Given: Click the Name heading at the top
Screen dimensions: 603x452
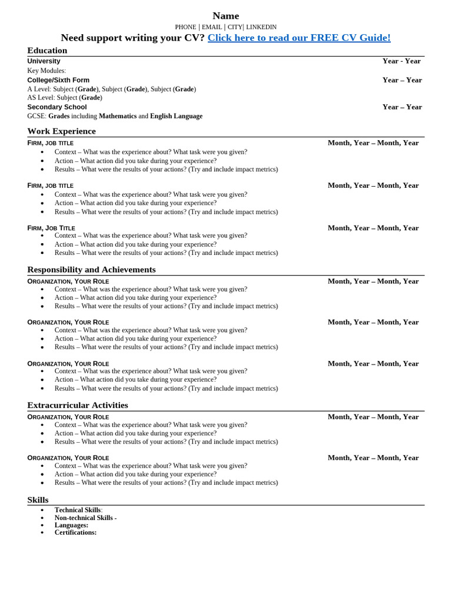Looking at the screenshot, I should [x=225, y=16].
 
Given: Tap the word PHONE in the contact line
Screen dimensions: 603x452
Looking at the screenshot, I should [x=185, y=27].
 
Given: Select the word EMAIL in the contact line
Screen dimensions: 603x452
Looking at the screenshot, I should [x=212, y=27].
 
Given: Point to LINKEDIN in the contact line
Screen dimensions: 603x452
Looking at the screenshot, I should [x=261, y=27].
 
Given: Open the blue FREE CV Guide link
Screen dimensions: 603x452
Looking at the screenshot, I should [x=299, y=38].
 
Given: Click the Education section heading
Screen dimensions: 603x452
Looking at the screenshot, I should [x=47, y=51].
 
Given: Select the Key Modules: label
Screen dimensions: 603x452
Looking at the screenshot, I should [x=46, y=71].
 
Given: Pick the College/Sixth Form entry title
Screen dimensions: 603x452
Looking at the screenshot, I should [x=58, y=80].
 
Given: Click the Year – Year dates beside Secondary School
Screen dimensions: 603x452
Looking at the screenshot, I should [x=402, y=107].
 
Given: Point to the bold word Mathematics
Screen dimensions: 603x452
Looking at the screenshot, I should [x=118, y=116].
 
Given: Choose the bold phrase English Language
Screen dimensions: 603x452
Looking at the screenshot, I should [x=176, y=116].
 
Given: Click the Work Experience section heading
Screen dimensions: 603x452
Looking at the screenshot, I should [x=61, y=131].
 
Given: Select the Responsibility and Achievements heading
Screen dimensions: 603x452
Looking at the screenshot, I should [x=91, y=270].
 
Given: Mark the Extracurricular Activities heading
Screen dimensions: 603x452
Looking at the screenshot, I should [x=77, y=405].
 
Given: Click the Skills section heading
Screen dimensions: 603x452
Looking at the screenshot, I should [x=38, y=500].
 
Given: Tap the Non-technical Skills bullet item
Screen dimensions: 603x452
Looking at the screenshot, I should [x=85, y=518].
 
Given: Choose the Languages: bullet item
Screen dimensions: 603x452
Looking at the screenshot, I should [x=71, y=525].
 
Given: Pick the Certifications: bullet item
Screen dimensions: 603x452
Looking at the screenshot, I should [x=75, y=532].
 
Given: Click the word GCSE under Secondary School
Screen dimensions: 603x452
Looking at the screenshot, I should [x=36, y=116].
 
